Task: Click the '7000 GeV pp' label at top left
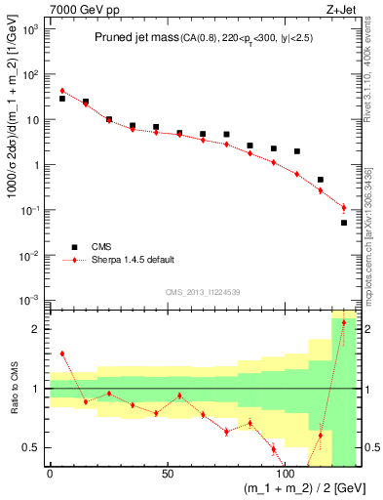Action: click(x=79, y=10)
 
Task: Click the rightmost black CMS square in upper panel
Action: click(x=344, y=223)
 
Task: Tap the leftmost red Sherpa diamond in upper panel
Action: click(x=61, y=91)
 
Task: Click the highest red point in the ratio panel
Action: click(x=344, y=322)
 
